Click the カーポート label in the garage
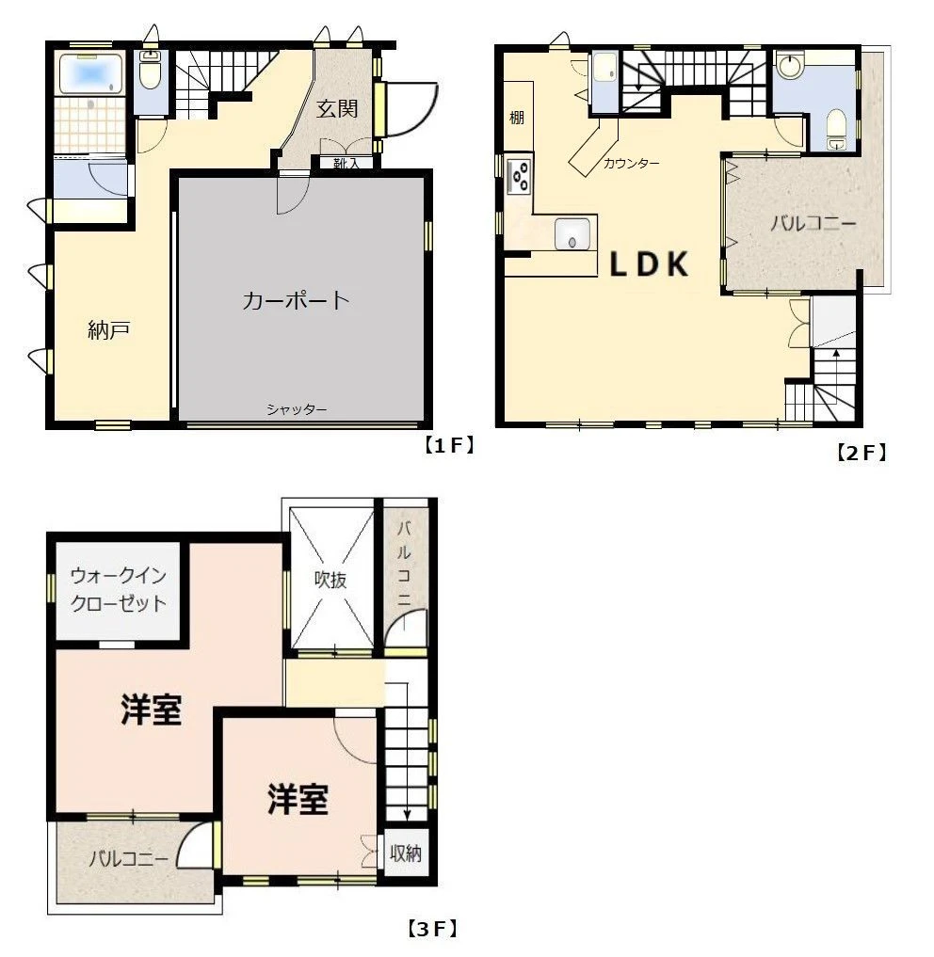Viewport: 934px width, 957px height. [296, 300]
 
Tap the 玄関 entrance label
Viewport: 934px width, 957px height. [336, 108]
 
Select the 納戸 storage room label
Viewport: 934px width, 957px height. [108, 330]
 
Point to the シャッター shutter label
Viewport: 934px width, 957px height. [297, 409]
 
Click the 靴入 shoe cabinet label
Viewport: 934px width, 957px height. [346, 164]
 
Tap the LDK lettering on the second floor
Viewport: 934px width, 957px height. [650, 264]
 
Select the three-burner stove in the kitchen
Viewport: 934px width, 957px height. [519, 176]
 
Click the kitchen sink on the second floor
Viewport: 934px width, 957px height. [572, 233]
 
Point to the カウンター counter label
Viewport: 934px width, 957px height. [631, 164]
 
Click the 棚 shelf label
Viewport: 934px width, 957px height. [517, 117]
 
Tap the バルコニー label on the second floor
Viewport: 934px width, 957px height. [813, 223]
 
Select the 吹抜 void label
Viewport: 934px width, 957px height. [330, 579]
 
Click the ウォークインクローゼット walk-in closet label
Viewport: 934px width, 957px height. [119, 590]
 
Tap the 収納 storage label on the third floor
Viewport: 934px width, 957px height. [406, 853]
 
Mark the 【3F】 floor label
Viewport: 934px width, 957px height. [432, 929]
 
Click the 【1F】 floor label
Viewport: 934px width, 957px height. [449, 445]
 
